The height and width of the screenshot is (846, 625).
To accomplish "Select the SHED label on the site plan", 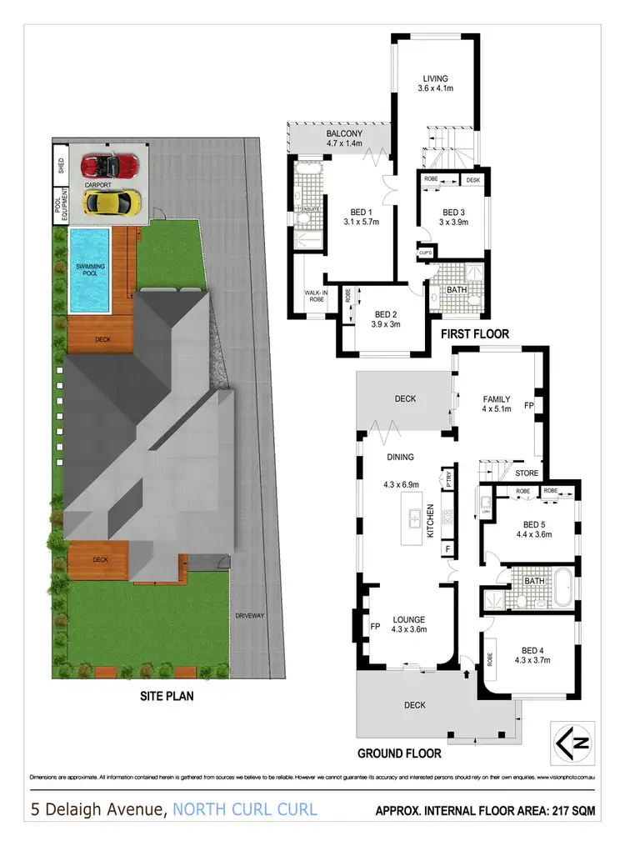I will click(59, 158).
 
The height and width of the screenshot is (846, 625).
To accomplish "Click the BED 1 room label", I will click(338, 212).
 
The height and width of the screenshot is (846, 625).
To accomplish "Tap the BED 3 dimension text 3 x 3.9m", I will click(454, 222).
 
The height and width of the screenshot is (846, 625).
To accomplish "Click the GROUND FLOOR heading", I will click(399, 753).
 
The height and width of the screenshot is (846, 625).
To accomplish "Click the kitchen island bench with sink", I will click(412, 519).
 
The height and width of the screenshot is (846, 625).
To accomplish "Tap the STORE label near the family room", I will click(526, 474).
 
